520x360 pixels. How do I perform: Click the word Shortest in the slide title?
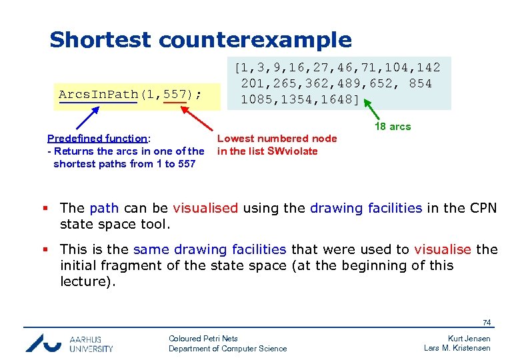pyautogui.click(x=101, y=40)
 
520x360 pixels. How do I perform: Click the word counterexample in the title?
pyautogui.click(x=255, y=40)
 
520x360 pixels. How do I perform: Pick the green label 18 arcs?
pyautogui.click(x=392, y=127)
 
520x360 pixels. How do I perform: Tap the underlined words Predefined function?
pyautogui.click(x=97, y=139)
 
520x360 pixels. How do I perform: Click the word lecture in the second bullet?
pyautogui.click(x=85, y=281)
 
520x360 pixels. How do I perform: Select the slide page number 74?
pyautogui.click(x=486, y=323)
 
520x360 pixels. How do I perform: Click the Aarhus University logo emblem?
pyautogui.click(x=44, y=342)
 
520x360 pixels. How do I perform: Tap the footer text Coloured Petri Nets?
pyautogui.click(x=203, y=339)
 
